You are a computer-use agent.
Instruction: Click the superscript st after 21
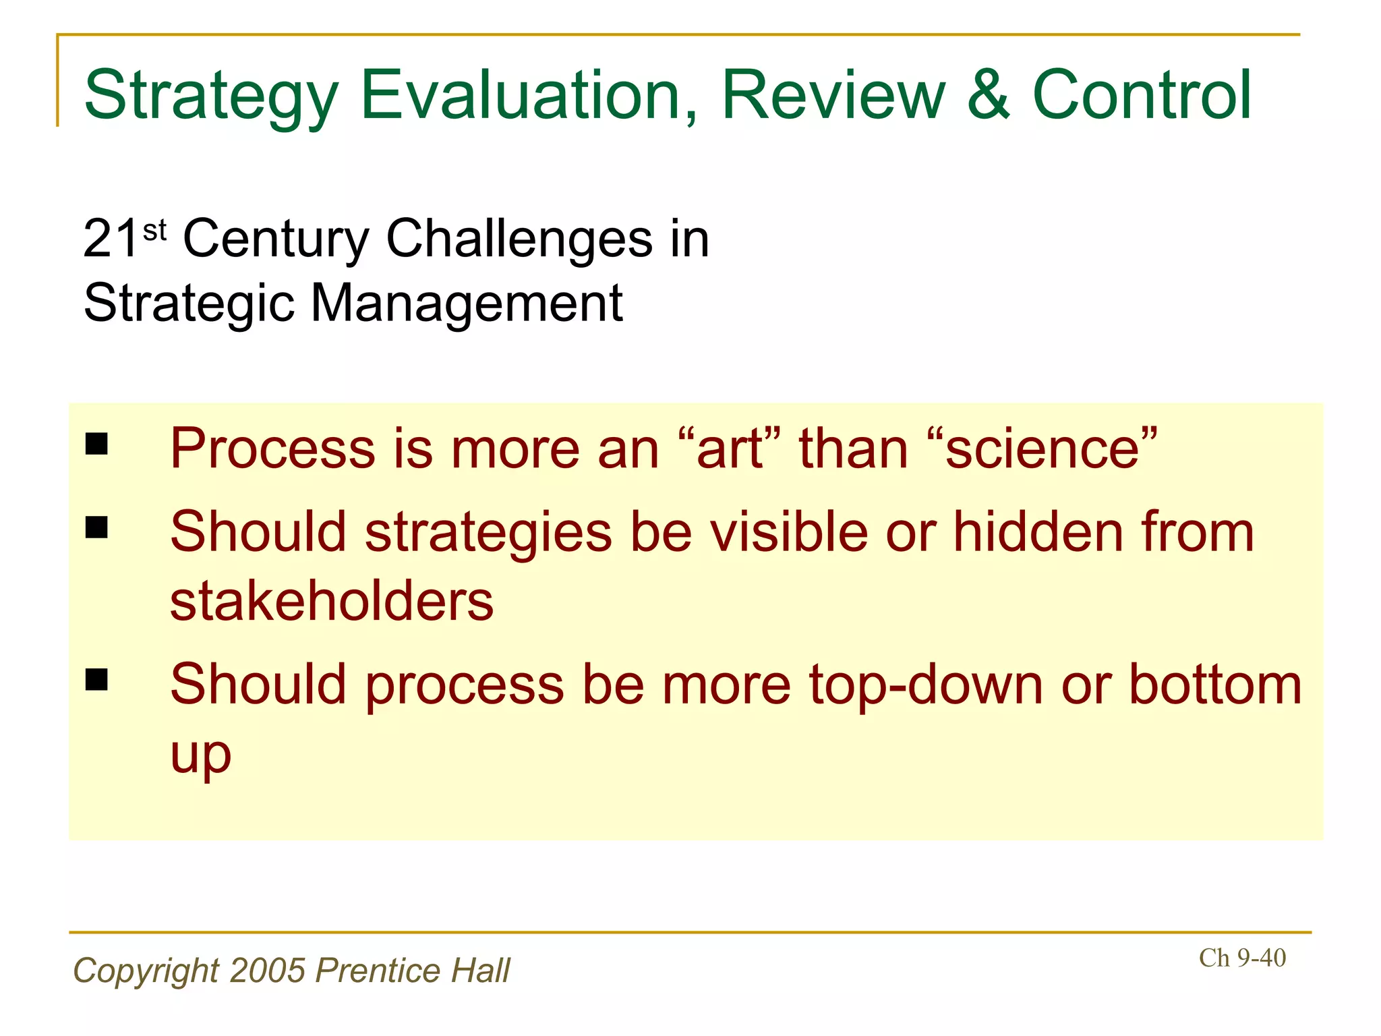[x=154, y=230]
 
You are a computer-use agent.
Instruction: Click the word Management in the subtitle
[x=466, y=303]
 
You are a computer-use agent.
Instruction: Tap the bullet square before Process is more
[x=97, y=444]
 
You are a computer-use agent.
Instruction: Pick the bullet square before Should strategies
[x=97, y=527]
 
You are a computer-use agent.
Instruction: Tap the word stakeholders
[x=332, y=601]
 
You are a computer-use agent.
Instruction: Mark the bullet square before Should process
[x=97, y=680]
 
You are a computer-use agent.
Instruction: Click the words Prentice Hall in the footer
[x=413, y=971]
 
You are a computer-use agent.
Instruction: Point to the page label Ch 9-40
[x=1242, y=958]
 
